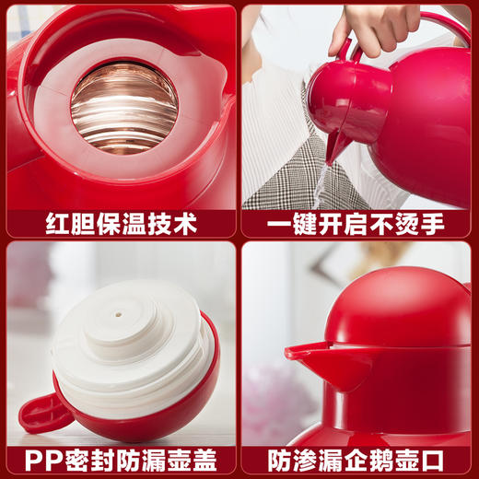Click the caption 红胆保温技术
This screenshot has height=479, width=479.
(120, 223)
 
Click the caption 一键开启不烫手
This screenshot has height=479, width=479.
(357, 223)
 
